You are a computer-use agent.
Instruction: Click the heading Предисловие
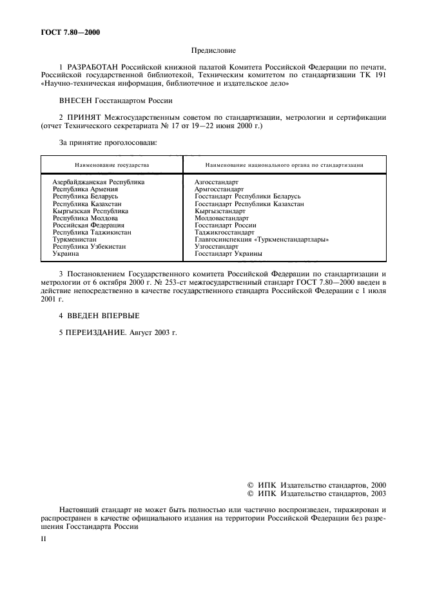click(213, 50)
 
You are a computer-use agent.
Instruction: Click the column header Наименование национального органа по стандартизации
click(284, 165)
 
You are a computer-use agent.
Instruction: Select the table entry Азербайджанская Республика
click(99, 182)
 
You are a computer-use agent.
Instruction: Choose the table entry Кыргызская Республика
click(91, 211)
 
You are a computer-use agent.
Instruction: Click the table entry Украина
click(65, 254)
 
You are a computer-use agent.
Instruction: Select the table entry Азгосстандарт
click(217, 182)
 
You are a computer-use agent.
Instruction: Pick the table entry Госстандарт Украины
click(228, 254)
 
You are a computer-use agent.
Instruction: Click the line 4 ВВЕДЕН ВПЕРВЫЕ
click(99, 315)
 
